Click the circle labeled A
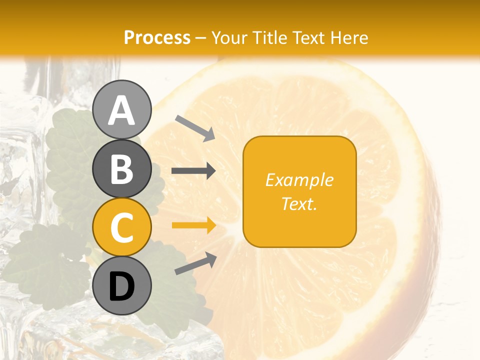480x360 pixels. pos(121,109)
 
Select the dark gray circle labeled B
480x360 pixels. pos(121,168)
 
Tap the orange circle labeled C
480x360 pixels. pos(121,227)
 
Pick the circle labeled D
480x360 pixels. pos(121,285)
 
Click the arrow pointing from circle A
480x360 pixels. pos(195,127)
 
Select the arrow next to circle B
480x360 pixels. pos(193,171)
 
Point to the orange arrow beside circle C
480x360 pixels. pos(193,225)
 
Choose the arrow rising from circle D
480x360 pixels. pos(195,263)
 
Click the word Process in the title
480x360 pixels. pos(157,37)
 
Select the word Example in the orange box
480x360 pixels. pos(299,180)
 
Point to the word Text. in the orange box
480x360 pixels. pos(299,203)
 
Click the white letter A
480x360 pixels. pos(121,110)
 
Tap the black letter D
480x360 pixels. pos(121,286)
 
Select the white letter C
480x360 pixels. pos(121,227)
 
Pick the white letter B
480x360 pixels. pos(121,169)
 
